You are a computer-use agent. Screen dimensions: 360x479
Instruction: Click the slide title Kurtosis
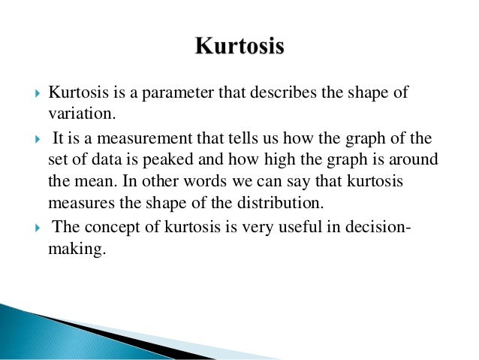pos(239,47)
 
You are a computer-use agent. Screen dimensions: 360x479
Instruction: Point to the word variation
pos(79,113)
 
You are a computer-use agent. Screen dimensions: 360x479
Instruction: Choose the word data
pos(116,160)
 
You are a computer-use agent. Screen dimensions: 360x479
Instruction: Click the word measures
pos(76,202)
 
